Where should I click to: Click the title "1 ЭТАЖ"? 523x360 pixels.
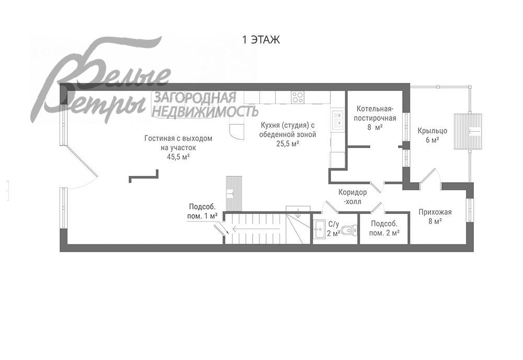click(x=261, y=40)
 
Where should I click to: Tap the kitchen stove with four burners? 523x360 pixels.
click(x=297, y=97)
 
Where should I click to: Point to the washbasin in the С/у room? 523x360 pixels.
click(x=319, y=229)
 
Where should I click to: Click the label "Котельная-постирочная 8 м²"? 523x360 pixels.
click(x=375, y=118)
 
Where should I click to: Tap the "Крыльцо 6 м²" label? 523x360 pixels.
click(x=433, y=136)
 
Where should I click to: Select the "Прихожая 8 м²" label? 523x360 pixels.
click(x=435, y=216)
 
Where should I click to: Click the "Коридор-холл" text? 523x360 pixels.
click(x=353, y=197)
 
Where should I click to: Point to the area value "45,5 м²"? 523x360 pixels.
click(x=178, y=157)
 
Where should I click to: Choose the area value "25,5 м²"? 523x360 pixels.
click(x=288, y=144)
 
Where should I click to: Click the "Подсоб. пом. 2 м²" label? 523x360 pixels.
click(x=384, y=229)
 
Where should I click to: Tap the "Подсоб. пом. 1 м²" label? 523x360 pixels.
click(x=203, y=211)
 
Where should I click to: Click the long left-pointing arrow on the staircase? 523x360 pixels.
click(x=256, y=229)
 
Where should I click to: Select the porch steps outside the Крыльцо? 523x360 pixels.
click(x=468, y=131)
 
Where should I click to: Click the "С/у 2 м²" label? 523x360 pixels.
click(x=334, y=229)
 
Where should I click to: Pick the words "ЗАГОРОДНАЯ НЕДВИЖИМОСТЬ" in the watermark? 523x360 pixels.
click(x=205, y=105)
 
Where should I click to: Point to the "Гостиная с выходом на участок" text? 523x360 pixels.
click(x=178, y=143)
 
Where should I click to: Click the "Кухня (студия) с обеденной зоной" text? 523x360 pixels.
click(x=288, y=130)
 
